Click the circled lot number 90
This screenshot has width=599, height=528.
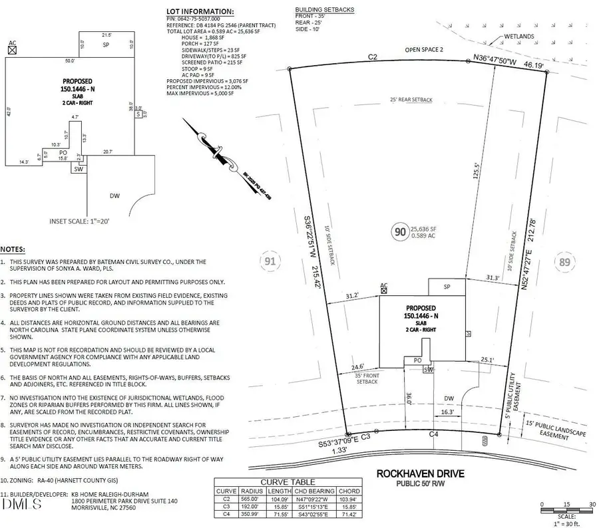(x=400, y=232)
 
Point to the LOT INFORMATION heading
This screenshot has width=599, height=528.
(x=200, y=12)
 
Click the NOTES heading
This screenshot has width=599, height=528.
(x=13, y=249)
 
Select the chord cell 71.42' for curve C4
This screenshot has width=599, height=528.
(x=347, y=513)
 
